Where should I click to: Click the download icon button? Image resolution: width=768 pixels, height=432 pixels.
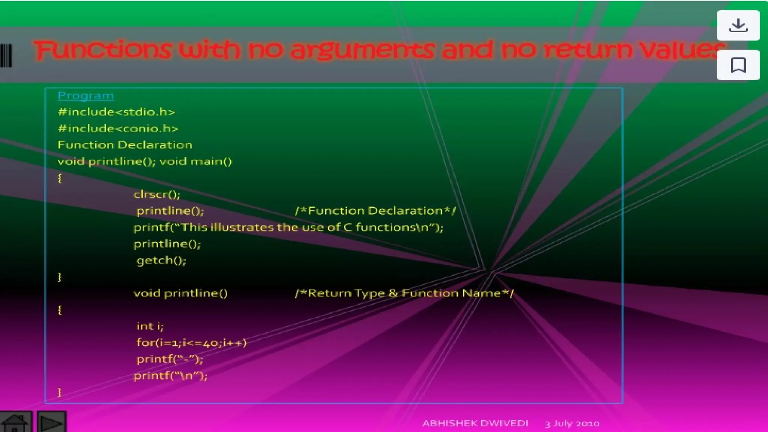738,25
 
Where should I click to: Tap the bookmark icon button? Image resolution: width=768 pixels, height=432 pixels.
738,65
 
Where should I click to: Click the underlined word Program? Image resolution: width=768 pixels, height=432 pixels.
85,96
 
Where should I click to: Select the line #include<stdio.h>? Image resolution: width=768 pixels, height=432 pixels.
116,112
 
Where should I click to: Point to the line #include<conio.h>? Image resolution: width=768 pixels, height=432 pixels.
118,129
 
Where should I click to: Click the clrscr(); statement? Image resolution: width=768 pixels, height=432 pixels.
157,194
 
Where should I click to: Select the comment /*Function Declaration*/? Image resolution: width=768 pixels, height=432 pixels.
375,211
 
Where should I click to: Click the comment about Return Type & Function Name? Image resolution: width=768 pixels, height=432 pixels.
404,293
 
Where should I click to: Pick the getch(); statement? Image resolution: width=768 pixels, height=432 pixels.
161,260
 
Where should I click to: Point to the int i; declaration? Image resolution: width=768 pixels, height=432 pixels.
150,326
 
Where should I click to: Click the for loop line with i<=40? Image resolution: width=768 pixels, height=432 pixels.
191,343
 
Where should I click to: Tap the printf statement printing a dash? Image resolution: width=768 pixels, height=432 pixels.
169,359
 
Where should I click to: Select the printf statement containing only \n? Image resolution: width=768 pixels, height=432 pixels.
170,376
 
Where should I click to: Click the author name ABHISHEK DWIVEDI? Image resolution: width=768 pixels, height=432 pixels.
475,423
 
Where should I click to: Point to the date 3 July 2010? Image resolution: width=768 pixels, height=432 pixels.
572,424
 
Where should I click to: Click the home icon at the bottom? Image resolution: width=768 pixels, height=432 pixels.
15,423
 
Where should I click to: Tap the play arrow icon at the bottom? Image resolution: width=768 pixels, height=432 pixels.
52,423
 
